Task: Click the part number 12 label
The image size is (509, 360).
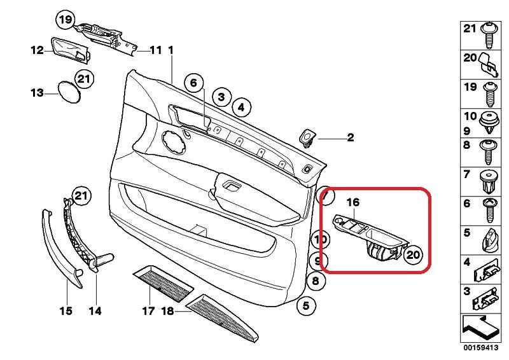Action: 37,50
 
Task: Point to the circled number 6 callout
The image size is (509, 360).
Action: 194,82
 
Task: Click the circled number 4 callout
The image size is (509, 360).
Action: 241,108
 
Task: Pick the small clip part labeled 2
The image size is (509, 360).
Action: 307,137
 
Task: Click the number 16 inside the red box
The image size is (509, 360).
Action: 353,202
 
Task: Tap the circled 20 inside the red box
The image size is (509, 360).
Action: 413,254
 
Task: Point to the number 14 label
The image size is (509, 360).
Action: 95,311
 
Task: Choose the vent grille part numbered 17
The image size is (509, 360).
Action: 162,285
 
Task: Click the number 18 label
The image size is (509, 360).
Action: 167,312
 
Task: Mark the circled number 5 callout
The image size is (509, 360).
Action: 305,306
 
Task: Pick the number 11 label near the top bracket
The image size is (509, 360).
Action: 156,50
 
